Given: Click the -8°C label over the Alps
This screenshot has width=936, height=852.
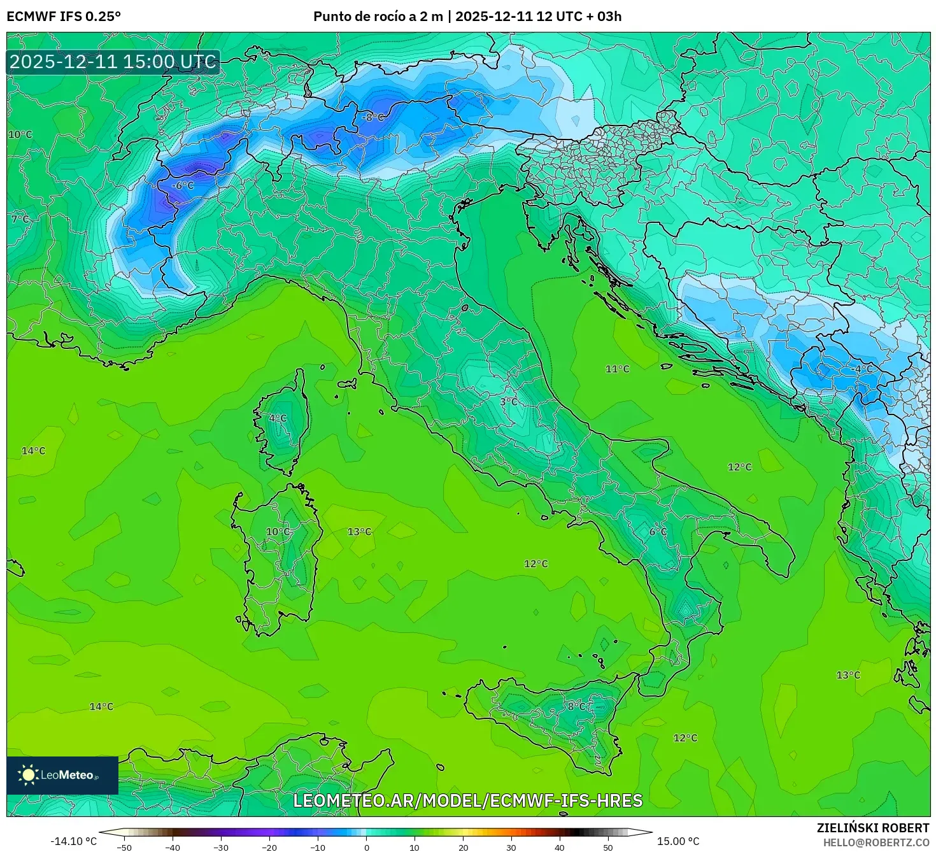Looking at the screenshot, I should coord(373,117).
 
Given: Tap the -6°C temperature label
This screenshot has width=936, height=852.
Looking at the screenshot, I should coord(183,185).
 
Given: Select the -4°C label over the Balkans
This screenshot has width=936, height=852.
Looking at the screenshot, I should coord(862,369).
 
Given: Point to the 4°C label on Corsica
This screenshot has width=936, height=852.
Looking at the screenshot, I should coord(278,418).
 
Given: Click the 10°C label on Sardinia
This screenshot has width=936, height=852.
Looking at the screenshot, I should coord(278,532).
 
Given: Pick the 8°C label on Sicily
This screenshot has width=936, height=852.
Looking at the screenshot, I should coord(578,706).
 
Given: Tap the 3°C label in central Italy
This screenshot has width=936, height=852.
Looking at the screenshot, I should coord(509,402).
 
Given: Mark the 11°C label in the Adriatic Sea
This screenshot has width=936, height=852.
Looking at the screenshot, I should coord(617,369).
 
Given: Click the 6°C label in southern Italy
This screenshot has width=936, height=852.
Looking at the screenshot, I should coord(658,532).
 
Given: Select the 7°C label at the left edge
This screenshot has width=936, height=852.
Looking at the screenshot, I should coord(20,219).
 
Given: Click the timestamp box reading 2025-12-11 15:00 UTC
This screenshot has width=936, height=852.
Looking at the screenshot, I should coord(113,62).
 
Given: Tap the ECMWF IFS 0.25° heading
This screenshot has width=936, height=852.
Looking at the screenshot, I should coord(64,17).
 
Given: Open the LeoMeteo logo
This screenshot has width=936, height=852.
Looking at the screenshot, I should coord(62,775).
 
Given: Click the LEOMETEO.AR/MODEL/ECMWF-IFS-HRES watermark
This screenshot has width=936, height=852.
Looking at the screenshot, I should coord(467,800).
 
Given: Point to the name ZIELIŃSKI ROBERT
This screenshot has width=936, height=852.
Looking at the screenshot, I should coord(873,828).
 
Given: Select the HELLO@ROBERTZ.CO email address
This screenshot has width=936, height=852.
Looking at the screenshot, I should coord(876,842).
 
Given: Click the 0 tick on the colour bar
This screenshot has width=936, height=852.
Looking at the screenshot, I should coord(366,848).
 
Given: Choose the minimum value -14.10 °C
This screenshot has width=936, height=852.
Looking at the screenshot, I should coord(73,841).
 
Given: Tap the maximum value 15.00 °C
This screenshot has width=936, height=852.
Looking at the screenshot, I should coord(678,841).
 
